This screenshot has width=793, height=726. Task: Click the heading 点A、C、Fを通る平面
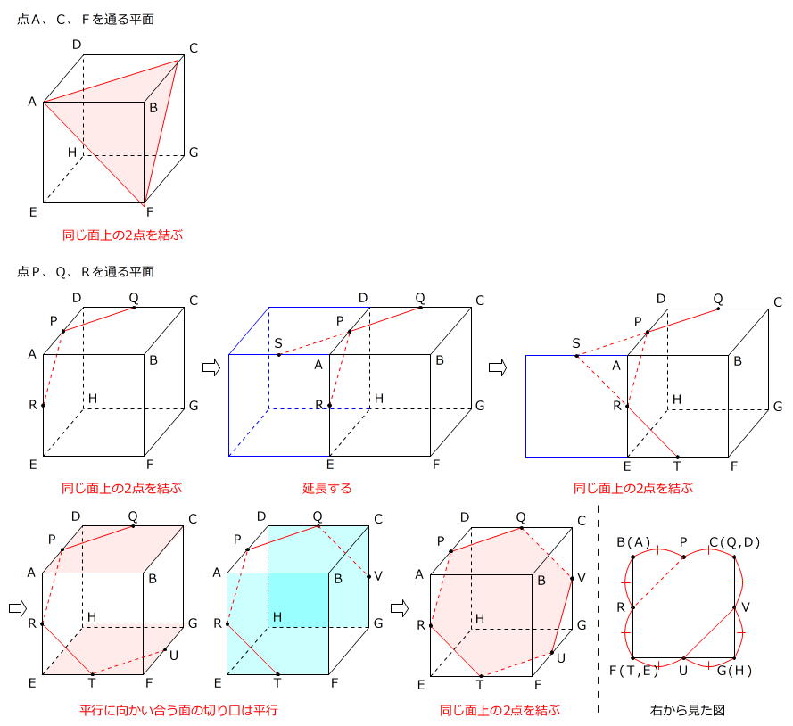click(x=85, y=19)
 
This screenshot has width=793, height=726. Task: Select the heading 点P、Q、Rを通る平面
click(x=86, y=271)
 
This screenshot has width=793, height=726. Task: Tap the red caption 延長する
click(x=327, y=488)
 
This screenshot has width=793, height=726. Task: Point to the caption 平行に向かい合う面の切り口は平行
click(x=178, y=711)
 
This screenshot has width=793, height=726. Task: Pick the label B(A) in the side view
click(x=634, y=541)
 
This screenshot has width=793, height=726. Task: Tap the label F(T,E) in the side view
click(x=633, y=670)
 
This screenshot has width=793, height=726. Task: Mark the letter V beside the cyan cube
click(x=378, y=575)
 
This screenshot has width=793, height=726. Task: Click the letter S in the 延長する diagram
click(x=278, y=343)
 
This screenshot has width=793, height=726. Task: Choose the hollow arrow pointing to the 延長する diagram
click(x=211, y=367)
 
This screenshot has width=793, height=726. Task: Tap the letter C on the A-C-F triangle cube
click(x=193, y=47)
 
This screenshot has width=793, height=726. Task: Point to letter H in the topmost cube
click(x=72, y=152)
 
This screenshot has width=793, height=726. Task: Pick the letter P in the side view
click(x=683, y=541)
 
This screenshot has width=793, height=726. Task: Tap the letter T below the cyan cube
click(x=277, y=683)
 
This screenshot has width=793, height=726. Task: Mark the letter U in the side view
click(x=683, y=670)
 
